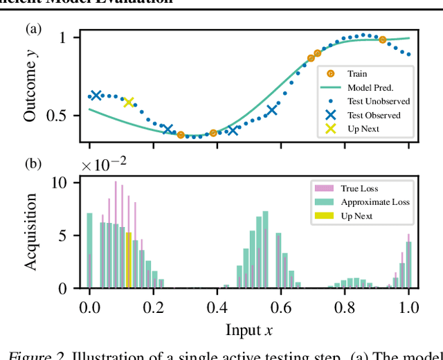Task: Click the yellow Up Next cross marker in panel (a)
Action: click(128, 102)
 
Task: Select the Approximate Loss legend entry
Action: click(374, 202)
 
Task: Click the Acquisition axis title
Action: click(30, 232)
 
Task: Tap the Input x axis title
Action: click(248, 330)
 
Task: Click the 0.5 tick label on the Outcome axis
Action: click(58, 116)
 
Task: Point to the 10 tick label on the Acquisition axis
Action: click(61, 183)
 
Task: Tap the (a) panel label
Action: click(33, 29)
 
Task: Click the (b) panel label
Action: click(33, 164)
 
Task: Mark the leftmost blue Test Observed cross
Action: click(96, 96)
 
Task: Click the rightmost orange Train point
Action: click(382, 40)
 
